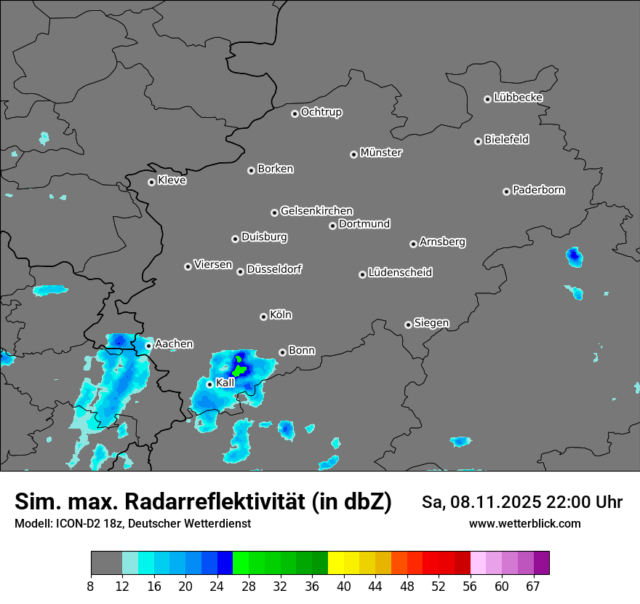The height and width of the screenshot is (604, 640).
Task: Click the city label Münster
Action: (x=381, y=153)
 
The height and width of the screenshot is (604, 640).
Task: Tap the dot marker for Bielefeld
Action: (x=479, y=141)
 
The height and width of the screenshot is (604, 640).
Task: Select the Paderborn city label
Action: (x=539, y=190)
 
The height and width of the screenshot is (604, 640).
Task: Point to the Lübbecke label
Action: (x=518, y=98)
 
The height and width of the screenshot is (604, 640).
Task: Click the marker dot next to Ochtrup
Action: (x=295, y=114)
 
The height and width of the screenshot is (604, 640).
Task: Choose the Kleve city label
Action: (x=172, y=180)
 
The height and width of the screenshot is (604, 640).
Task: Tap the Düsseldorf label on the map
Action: (x=274, y=269)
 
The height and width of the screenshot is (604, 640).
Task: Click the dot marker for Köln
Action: (x=263, y=317)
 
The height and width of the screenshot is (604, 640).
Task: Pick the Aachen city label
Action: (x=174, y=343)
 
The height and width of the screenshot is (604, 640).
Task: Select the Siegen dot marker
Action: (x=408, y=325)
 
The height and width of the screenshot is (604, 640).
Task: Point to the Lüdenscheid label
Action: (x=400, y=273)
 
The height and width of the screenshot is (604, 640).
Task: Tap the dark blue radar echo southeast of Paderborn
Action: (x=575, y=255)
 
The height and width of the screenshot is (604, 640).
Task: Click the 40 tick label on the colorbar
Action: (x=344, y=586)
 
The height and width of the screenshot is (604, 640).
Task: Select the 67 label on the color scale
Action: (x=533, y=586)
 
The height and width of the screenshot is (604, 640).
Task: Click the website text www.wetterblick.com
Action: (x=525, y=523)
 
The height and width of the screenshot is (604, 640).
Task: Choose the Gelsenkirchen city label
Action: (x=316, y=211)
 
